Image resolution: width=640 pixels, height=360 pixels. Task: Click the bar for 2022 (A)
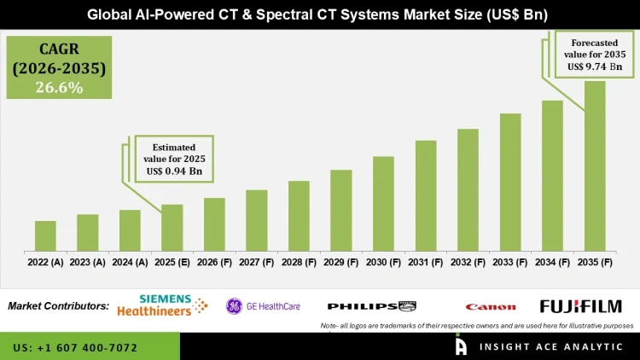click(45, 236)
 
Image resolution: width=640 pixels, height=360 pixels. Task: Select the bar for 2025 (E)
click(172, 228)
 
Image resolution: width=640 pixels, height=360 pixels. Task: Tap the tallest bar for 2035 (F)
click(595, 166)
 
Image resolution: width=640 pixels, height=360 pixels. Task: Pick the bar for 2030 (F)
click(383, 204)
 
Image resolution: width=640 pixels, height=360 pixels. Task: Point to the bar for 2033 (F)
click(510, 183)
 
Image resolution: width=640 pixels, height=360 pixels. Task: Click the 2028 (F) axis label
click(299, 264)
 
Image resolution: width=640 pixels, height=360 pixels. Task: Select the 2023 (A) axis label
click(87, 264)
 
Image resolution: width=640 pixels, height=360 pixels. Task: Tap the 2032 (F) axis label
click(468, 264)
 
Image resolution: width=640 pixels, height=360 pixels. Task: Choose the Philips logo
click(372, 306)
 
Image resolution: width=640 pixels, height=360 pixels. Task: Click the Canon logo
click(490, 307)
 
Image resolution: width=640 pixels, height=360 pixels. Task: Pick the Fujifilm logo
click(580, 306)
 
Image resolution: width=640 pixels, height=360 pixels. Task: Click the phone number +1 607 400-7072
click(75, 348)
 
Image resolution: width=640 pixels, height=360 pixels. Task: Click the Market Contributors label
click(58, 305)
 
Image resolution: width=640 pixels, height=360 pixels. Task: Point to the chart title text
click(320, 15)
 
